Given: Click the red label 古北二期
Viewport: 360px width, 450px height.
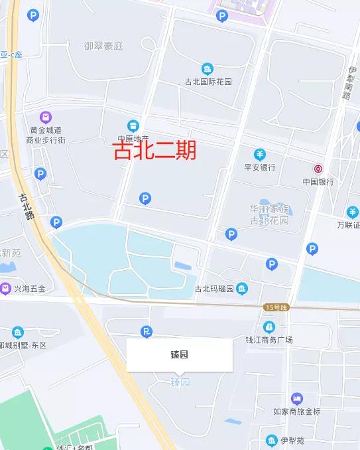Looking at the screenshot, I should click(x=154, y=151).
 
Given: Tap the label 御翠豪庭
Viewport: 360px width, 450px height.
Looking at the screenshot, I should click(x=103, y=46).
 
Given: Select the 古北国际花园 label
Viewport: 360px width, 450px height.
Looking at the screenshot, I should click(x=208, y=82).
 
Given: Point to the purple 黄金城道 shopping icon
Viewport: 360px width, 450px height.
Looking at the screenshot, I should click(x=46, y=117).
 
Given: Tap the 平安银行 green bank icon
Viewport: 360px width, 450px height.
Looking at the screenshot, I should click(x=259, y=155).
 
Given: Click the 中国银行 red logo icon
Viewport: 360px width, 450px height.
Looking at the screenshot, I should click(x=318, y=169).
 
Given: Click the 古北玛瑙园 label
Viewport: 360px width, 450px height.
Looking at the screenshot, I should click(x=217, y=288).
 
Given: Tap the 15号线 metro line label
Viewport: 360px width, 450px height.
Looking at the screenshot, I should click(x=274, y=307).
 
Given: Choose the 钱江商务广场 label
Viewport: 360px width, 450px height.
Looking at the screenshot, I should click(x=269, y=340).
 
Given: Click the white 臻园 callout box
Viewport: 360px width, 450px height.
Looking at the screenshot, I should click(x=180, y=355).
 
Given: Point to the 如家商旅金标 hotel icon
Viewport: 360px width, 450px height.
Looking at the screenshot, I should click(x=296, y=399).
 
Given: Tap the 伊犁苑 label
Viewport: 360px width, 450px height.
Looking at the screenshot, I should click(x=292, y=440).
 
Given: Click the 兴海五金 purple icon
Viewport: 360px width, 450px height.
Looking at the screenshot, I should click(x=6, y=288).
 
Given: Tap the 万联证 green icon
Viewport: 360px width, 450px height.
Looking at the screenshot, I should click(x=352, y=212).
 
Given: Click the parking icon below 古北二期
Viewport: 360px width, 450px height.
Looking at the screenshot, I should click(x=145, y=198).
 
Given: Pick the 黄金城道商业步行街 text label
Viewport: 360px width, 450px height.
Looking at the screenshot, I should click(x=45, y=135).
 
